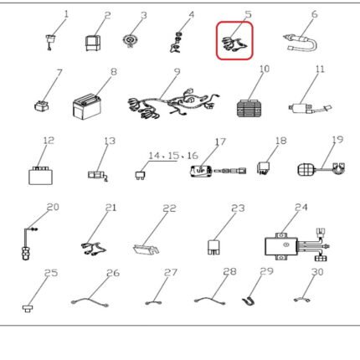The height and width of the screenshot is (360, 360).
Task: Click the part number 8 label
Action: coord(114,72)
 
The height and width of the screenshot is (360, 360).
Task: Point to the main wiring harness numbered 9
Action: coord(173,104)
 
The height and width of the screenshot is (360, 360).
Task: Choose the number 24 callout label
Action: coord(301,208)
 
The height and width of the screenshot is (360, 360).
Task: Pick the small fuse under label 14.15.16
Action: coord(140,175)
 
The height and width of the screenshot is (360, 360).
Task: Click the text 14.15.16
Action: coord(173,156)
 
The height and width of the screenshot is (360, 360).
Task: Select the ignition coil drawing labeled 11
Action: coord(310,108)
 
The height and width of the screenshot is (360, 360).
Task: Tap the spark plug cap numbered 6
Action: coord(301,44)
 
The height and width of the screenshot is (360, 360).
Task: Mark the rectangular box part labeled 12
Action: coord(40,176)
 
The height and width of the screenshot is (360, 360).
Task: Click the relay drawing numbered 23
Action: coord(213,247)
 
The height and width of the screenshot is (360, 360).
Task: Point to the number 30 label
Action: coord(317,271)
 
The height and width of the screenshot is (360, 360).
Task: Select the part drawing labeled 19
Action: coord(321,169)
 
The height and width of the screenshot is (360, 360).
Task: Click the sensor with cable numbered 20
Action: coord(28,244)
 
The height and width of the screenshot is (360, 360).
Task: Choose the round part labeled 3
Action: coord(130,40)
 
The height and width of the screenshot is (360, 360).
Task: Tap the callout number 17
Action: coord(220,141)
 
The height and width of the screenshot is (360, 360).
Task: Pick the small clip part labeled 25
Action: coord(27,309)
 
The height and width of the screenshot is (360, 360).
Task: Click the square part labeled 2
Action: coord(93,44)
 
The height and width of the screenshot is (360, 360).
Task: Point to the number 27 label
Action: coord(170,272)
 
